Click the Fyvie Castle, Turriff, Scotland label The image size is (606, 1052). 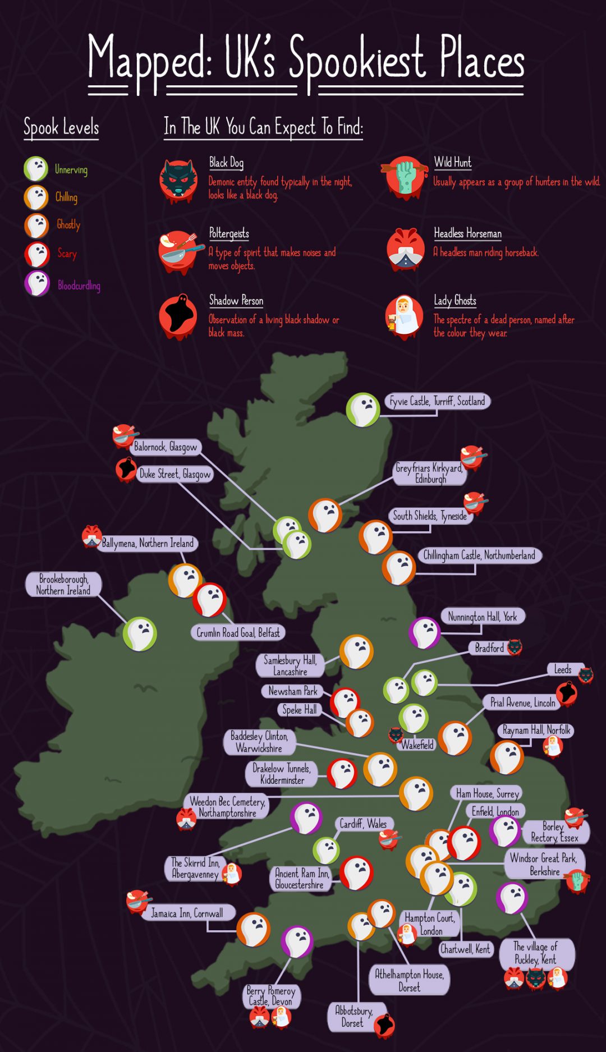click(437, 401)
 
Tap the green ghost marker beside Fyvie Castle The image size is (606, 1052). click(363, 410)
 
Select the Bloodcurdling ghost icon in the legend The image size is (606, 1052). click(37, 284)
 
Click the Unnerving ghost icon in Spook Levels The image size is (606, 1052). click(36, 168)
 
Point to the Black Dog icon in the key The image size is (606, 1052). click(178, 180)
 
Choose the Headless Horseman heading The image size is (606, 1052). click(467, 233)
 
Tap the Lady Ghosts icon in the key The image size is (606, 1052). click(404, 316)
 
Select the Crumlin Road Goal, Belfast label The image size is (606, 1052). click(238, 633)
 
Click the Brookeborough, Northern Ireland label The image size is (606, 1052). click(63, 585)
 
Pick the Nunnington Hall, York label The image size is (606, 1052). click(483, 617)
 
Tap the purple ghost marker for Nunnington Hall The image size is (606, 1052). click(425, 633)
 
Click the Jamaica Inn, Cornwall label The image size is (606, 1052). click(187, 913)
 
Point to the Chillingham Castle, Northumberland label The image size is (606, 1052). click(479, 555)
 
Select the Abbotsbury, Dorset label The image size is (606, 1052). click(353, 1017)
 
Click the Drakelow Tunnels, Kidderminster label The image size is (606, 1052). click(281, 774)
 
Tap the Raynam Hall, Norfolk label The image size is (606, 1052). click(536, 730)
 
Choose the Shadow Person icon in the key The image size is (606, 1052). click(178, 316)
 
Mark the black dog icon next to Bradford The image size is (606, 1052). click(514, 647)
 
